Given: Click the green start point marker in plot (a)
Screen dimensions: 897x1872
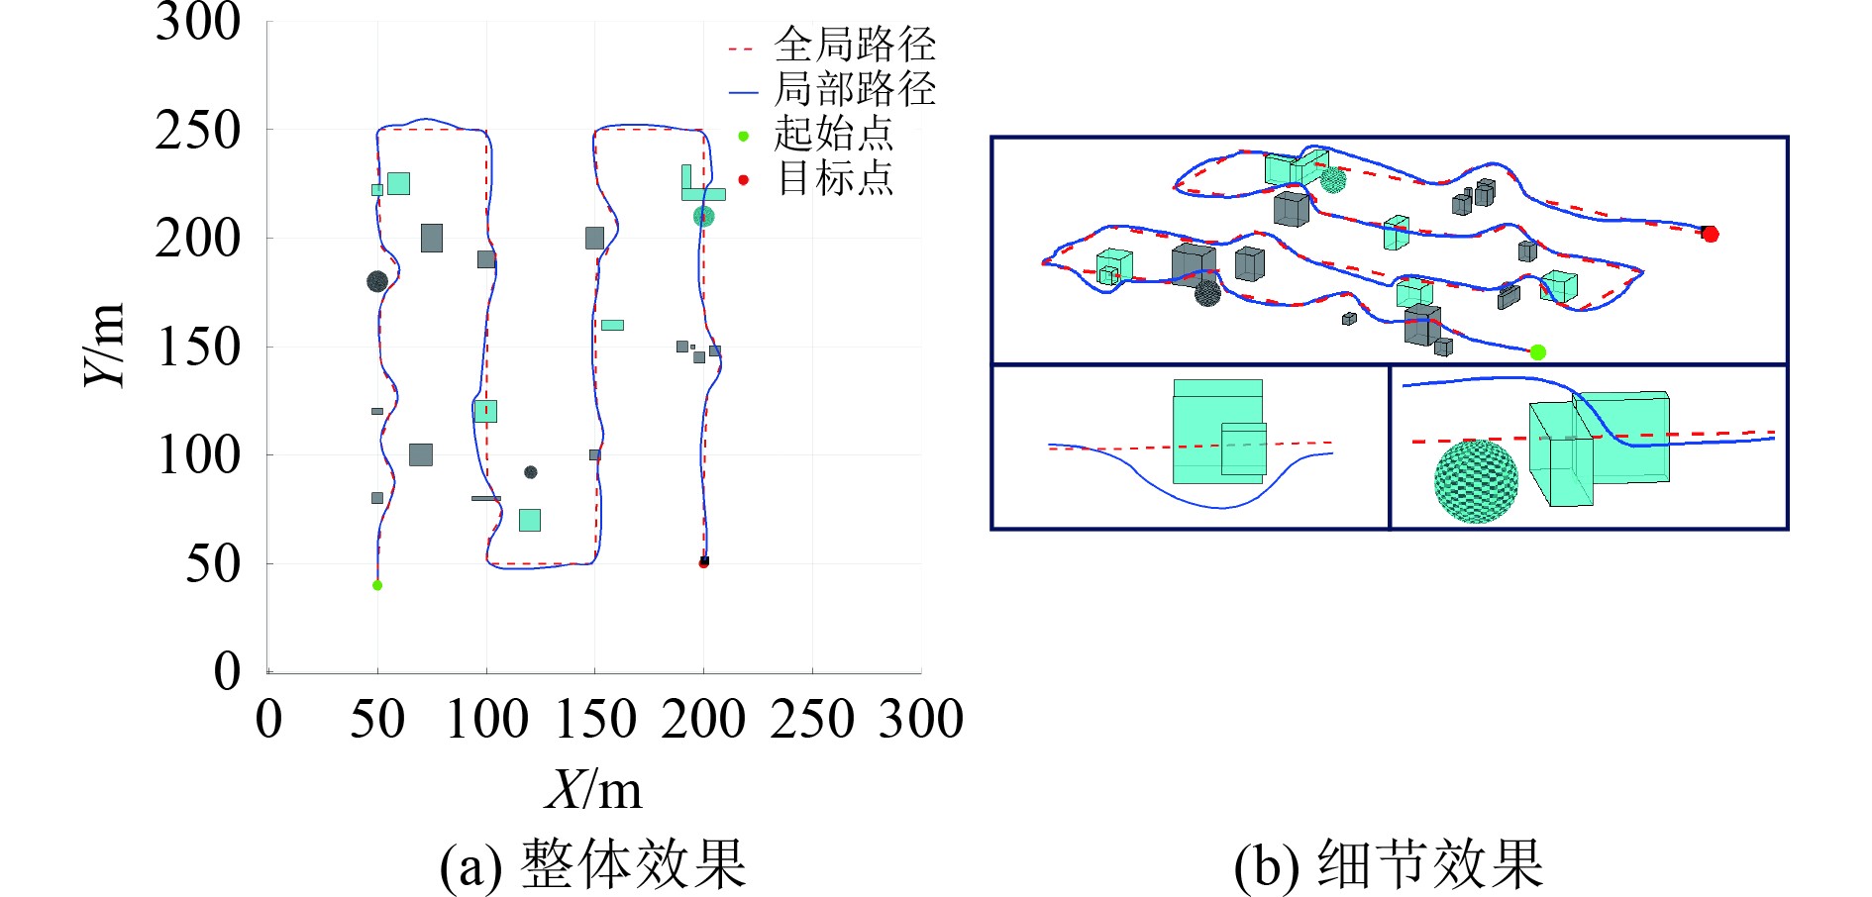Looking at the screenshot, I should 377,585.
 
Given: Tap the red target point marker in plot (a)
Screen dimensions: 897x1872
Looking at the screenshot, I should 703,563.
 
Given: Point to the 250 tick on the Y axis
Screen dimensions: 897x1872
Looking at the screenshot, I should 198,131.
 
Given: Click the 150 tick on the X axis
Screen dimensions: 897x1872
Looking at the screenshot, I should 594,720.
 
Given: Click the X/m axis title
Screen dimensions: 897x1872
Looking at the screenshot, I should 593,790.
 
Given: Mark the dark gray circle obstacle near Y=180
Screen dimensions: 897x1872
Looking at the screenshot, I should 376,282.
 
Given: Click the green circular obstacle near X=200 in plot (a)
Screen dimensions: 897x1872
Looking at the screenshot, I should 703,216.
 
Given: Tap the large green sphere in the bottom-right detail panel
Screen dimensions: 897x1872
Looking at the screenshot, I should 1476,481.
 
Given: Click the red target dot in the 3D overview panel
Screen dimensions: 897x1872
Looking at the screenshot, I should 1711,235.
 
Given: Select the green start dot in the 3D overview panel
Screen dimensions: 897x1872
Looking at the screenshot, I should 1537,352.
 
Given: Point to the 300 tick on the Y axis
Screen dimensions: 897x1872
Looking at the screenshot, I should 198,22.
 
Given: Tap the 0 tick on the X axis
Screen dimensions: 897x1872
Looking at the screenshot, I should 268,720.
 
